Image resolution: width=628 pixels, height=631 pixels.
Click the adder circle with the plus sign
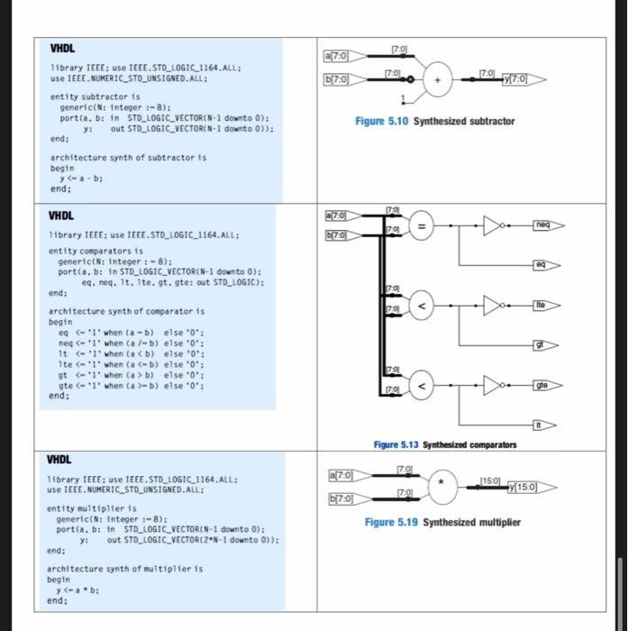(x=439, y=79)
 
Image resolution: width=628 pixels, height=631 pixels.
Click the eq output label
(x=540, y=266)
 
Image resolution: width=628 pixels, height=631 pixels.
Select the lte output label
(x=540, y=306)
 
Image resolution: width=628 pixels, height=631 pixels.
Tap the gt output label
(x=540, y=343)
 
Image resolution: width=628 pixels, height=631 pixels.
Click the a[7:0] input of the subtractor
(x=343, y=57)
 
